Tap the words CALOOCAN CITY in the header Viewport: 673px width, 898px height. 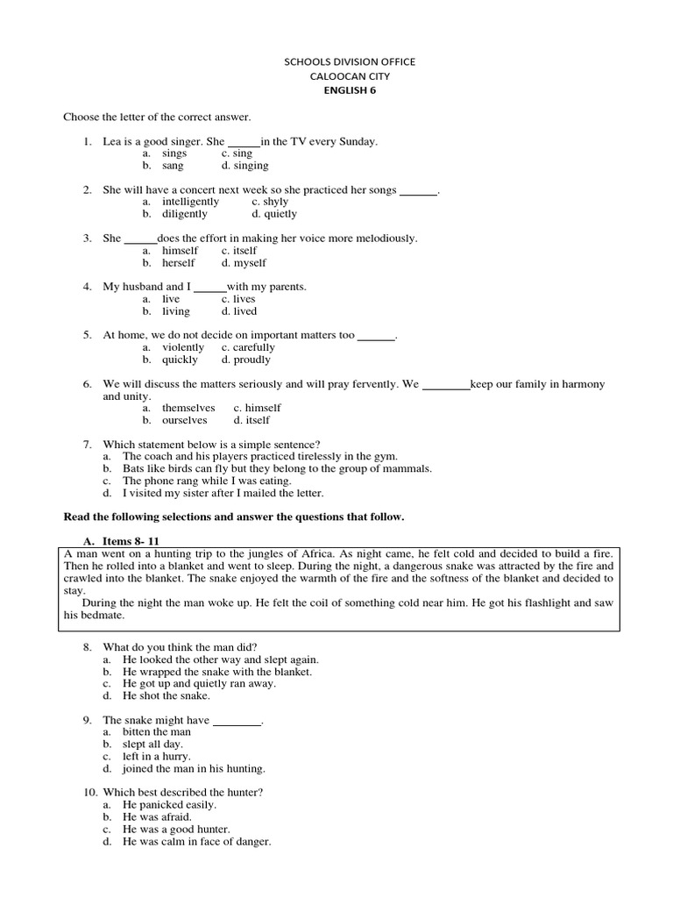coord(350,76)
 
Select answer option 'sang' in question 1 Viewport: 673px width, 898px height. coord(174,166)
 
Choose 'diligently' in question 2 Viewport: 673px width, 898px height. coord(185,214)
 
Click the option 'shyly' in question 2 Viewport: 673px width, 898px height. coord(270,202)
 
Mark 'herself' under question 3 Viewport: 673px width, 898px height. coord(179,263)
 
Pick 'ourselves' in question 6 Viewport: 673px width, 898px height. coord(185,420)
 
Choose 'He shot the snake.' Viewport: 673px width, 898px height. coord(166,695)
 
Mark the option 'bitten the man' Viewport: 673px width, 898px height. coord(157,731)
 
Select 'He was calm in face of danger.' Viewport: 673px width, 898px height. coord(197,842)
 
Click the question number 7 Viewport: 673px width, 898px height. coord(87,445)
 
